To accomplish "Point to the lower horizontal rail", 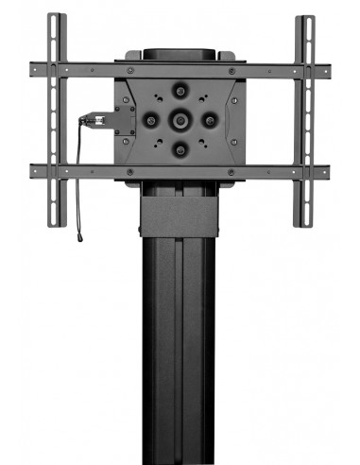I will click(x=180, y=172).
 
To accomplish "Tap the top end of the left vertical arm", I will click(x=57, y=19).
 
